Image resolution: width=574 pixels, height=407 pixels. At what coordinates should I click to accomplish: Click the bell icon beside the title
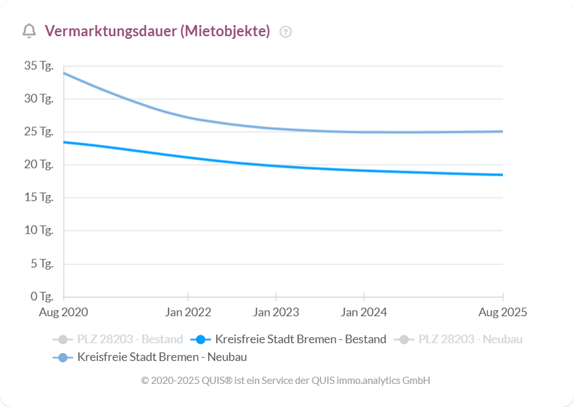point(29,31)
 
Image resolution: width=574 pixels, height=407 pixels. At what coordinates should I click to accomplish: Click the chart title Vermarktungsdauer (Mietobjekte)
point(157,31)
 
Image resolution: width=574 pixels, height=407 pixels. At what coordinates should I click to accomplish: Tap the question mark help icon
point(285,32)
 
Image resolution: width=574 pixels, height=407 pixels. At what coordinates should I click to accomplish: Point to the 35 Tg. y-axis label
point(38,66)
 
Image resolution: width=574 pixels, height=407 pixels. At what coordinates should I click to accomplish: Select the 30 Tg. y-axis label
point(38,99)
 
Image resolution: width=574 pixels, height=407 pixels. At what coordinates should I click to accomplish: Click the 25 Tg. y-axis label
point(38,132)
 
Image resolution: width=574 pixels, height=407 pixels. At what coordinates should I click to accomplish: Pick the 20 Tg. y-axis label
point(38,165)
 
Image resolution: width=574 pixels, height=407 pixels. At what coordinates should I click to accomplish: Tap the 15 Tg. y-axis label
point(38,198)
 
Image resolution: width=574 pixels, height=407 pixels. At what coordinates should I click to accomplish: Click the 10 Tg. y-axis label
point(38,231)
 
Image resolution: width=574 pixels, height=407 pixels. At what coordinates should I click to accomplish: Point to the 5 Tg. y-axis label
point(41,263)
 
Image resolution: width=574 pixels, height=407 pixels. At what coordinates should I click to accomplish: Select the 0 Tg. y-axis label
point(41,296)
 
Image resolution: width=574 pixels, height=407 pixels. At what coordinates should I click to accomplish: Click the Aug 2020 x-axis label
point(63,312)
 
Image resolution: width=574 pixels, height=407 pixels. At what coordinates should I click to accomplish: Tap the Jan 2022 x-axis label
point(188,312)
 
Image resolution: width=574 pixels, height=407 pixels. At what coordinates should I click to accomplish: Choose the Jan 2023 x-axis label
point(276,312)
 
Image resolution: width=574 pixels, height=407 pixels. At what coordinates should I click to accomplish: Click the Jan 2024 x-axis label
point(364,312)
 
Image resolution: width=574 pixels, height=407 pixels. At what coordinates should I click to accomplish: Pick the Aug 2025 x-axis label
point(503,312)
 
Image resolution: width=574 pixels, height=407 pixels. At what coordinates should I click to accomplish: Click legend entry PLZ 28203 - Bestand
point(119,340)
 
